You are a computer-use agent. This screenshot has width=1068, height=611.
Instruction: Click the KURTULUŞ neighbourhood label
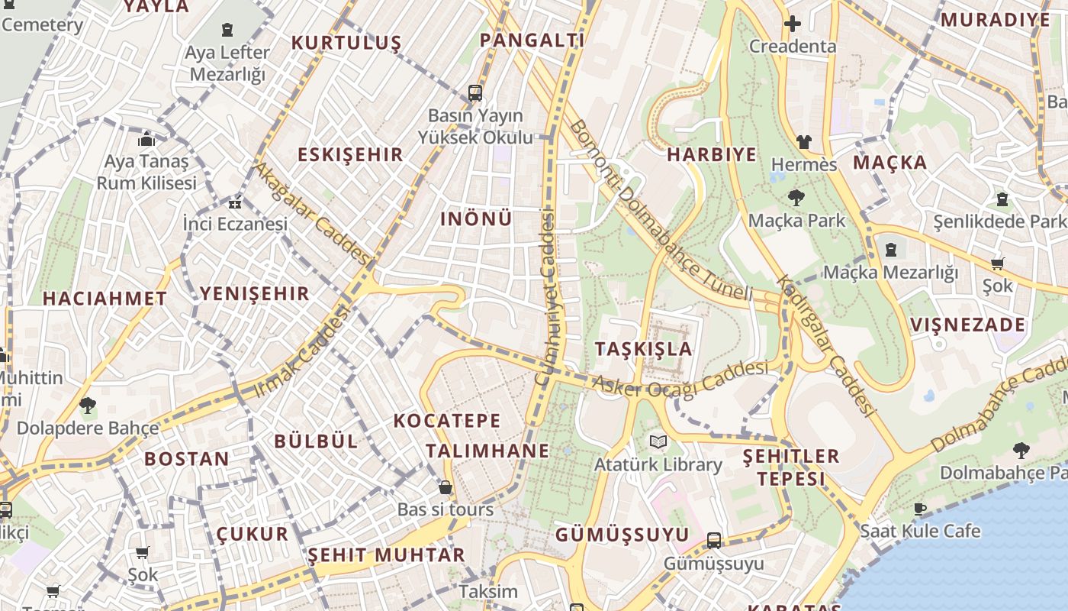click(x=346, y=43)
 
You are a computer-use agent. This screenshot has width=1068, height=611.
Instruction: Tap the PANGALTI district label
click(x=532, y=40)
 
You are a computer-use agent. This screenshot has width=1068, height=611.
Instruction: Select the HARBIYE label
click(x=712, y=155)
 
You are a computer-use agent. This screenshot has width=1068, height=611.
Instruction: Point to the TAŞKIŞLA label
click(x=644, y=349)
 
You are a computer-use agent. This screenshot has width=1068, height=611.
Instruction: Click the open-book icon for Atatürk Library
click(x=658, y=441)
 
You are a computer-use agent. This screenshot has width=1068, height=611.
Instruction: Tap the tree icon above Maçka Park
click(x=796, y=198)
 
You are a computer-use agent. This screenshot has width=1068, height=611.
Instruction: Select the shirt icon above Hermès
click(x=804, y=141)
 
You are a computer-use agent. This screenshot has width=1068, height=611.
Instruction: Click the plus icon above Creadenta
click(x=793, y=24)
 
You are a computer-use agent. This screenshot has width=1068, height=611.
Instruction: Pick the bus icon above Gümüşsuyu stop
click(x=714, y=541)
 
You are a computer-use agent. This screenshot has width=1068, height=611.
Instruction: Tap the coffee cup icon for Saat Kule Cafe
click(x=921, y=509)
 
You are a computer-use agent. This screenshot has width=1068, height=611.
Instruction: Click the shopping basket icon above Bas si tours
click(x=446, y=487)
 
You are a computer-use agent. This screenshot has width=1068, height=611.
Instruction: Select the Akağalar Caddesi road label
click(x=313, y=213)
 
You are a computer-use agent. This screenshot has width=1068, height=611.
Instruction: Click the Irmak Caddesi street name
click(x=301, y=351)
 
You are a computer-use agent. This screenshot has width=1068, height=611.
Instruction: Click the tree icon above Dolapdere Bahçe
click(x=88, y=405)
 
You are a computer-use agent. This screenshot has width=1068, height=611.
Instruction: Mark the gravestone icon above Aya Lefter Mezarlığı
click(x=227, y=30)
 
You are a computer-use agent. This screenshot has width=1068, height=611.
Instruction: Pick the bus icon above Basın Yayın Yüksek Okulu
click(x=475, y=93)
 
